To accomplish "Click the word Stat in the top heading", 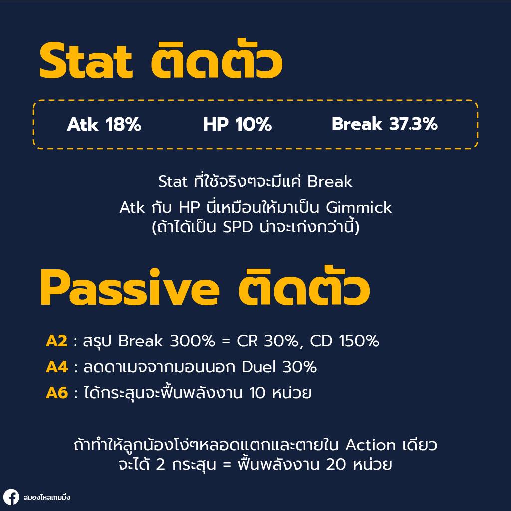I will [85, 62].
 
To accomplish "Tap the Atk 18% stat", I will [104, 125].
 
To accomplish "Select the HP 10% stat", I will [237, 125].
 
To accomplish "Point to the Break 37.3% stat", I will [384, 125].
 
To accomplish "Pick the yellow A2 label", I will [56, 341].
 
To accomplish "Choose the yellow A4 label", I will [56, 367].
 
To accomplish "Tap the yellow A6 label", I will [56, 393].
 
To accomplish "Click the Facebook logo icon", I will [11, 497].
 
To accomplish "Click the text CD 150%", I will [344, 341].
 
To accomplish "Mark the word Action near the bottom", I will [371, 445].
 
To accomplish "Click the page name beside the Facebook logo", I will [47, 497].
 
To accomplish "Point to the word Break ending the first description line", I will [330, 182].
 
